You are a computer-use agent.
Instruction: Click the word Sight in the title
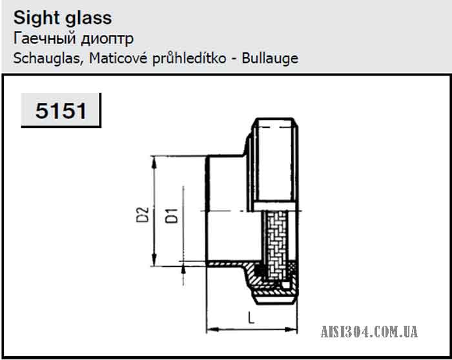coord(36,19)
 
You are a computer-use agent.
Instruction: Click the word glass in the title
coord(88,19)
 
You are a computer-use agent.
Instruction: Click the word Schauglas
coord(48,59)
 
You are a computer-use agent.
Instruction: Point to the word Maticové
coord(118,58)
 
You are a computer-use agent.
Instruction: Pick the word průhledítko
coord(189,59)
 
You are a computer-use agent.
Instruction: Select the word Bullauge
coord(270,59)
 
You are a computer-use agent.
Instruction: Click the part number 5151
coord(61,111)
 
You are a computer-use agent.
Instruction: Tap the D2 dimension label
coord(143,215)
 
